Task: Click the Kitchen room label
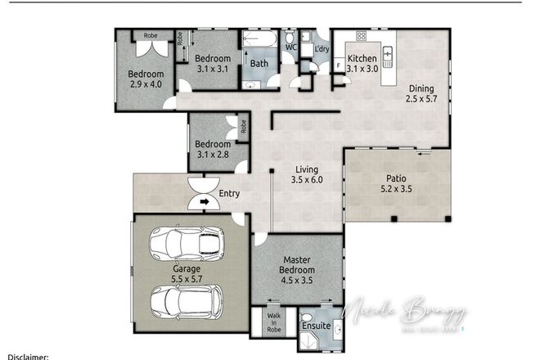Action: click(x=362, y=59)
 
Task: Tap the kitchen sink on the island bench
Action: click(x=389, y=54)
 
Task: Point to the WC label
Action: click(x=290, y=47)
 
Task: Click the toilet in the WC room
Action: click(x=290, y=37)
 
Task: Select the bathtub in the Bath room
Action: click(x=260, y=38)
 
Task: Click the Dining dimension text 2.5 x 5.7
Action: click(x=422, y=100)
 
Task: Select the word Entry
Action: click(x=230, y=194)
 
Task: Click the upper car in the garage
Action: click(x=187, y=242)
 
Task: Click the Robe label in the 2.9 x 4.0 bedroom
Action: click(x=151, y=35)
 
